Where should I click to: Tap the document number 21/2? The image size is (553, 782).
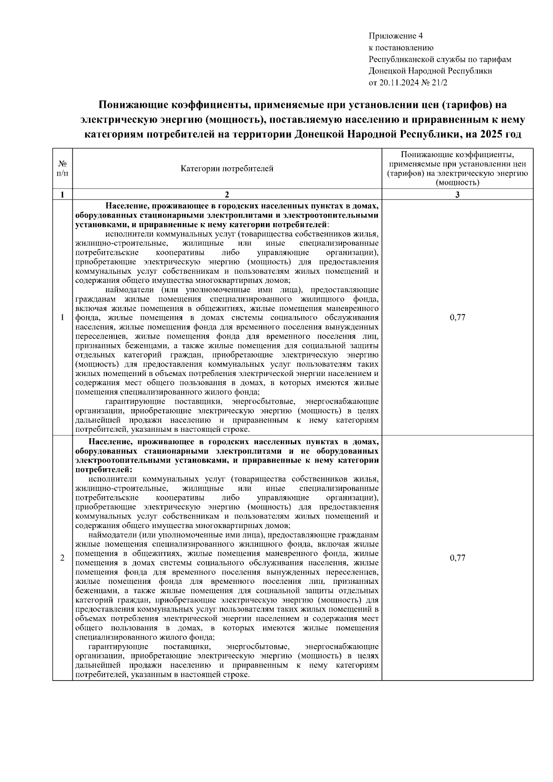coord(440,83)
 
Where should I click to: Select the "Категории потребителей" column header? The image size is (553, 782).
coord(227,169)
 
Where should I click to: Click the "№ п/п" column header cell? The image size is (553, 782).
coord(62,169)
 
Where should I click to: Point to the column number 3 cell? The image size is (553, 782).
coord(457,194)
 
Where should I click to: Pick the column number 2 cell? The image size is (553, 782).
coord(227,194)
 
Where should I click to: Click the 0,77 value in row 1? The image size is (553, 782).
coord(457,318)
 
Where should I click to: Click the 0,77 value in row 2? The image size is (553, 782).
coord(457,558)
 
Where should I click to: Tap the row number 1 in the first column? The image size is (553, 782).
coord(62,318)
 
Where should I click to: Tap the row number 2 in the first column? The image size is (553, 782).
coord(62,558)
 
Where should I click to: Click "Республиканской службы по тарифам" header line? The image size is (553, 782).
coord(440,59)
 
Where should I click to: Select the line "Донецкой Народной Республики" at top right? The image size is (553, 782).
coord(430,71)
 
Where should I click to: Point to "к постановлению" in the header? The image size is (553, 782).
coord(401,48)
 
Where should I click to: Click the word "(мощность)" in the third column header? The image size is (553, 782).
coord(457,182)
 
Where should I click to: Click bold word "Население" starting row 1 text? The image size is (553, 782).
coord(126,206)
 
